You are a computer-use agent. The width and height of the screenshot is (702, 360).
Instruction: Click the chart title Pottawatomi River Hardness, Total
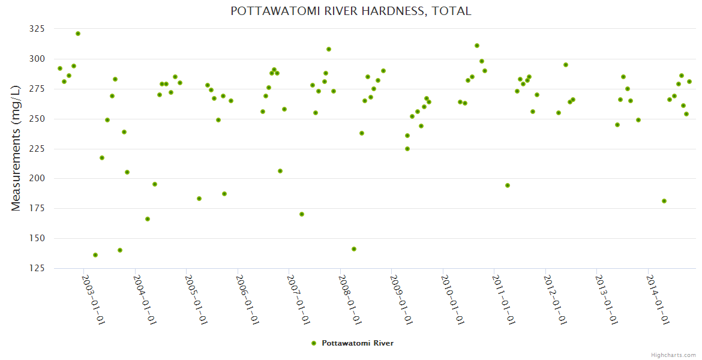click(x=351, y=11)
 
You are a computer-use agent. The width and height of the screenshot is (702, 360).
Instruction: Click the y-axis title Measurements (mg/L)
click(x=16, y=148)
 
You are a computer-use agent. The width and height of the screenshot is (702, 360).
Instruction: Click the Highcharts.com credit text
click(x=673, y=355)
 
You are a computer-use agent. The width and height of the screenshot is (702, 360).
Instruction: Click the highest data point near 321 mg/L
click(x=78, y=34)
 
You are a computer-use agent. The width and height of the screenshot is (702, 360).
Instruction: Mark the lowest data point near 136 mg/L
click(x=95, y=255)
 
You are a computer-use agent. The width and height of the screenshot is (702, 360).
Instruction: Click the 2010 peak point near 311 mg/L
click(x=477, y=46)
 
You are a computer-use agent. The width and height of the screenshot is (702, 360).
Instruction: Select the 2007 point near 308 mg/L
click(x=329, y=49)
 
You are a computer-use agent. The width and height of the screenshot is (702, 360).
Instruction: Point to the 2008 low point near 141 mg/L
click(x=354, y=249)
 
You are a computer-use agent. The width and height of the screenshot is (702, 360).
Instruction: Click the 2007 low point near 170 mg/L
click(x=302, y=214)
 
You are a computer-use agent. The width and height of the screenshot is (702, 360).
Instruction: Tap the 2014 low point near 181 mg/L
click(x=664, y=201)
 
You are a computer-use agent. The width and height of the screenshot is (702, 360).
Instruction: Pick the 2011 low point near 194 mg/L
click(x=508, y=185)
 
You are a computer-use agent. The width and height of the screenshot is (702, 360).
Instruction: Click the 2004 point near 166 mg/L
click(x=148, y=219)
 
